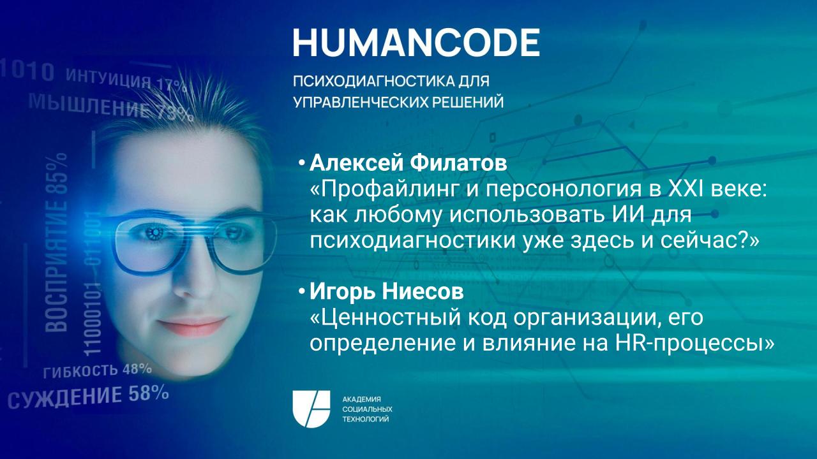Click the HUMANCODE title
pos(416,42)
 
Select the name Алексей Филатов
pos(408,164)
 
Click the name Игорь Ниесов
pos(386,293)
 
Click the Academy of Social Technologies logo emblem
pos(311,409)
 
